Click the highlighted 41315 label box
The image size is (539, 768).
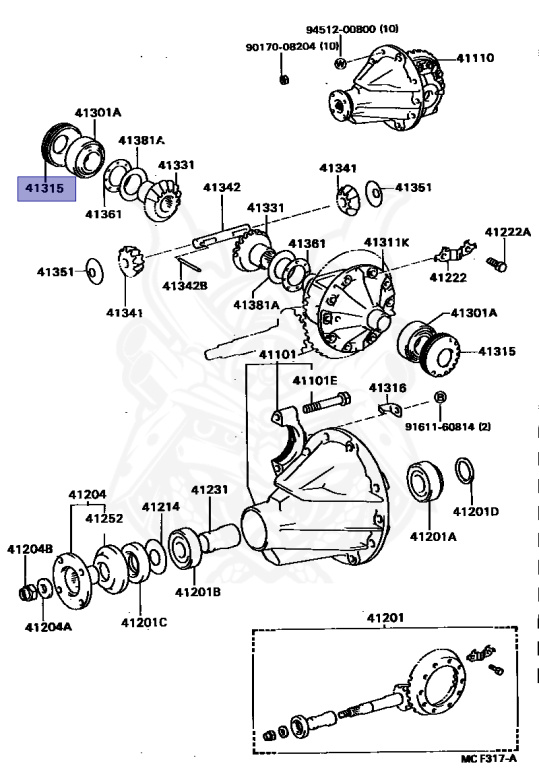47,189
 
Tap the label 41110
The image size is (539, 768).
475,58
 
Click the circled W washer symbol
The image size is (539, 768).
340,63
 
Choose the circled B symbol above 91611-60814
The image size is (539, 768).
440,396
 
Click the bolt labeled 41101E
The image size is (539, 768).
327,403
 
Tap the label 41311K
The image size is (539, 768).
386,243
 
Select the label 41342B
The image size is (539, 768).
185,285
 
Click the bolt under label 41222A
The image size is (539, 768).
496,264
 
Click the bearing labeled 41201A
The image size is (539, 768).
424,481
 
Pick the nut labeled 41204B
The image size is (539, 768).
26,593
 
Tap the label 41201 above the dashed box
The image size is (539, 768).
385,618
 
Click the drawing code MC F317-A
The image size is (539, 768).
489,759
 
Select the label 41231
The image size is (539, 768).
209,490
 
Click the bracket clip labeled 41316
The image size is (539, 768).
391,408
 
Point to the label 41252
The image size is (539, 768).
104,518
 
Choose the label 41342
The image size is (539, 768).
222,187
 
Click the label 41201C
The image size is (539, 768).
144,623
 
